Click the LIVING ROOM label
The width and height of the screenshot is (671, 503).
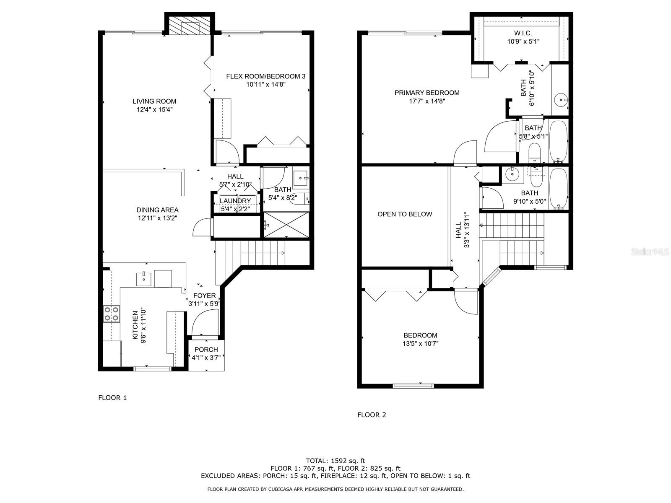[x=154, y=101]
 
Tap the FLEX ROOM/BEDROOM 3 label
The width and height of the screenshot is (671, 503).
[x=265, y=76]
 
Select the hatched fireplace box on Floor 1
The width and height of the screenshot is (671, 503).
[x=190, y=26]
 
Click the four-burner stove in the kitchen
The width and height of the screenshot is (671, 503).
[x=111, y=314]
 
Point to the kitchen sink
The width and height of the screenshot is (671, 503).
[x=143, y=279]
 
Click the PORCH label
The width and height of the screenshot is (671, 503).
[x=206, y=350]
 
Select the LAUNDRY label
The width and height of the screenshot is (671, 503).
[x=235, y=201]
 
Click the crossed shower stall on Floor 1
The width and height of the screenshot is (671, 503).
[x=286, y=225]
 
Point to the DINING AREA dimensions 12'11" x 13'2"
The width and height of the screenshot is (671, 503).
[x=157, y=218]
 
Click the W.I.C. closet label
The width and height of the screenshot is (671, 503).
[x=523, y=33]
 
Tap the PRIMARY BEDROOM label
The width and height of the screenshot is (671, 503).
[x=427, y=93]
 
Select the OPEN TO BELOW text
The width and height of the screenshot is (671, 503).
[x=405, y=214]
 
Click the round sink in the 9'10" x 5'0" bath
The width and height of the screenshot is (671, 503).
[x=510, y=175]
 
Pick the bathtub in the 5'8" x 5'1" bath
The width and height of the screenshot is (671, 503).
[x=558, y=141]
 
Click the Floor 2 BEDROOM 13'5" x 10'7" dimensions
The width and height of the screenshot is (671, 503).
[x=420, y=344]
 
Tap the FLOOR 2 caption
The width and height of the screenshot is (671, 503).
[x=372, y=415]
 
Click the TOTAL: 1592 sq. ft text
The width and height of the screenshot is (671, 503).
[x=335, y=461]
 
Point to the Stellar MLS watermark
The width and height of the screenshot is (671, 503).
[x=650, y=252]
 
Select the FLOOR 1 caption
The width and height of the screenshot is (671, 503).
[x=112, y=398]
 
